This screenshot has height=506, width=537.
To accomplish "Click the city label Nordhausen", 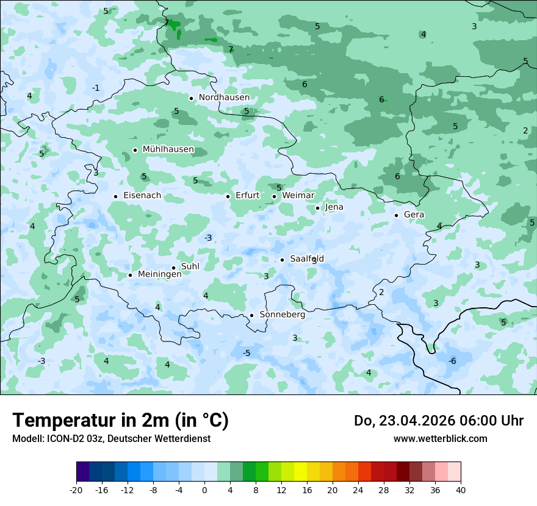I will tap(224, 98).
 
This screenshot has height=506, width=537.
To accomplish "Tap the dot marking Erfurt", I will tap(228, 196).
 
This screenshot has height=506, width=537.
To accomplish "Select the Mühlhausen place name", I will tap(168, 149).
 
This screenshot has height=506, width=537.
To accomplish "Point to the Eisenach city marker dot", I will tap(115, 196).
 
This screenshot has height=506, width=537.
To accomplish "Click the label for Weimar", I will tap(298, 196).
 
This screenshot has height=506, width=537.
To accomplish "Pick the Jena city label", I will tap(334, 207).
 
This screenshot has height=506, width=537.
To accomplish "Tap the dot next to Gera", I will tap(396, 215).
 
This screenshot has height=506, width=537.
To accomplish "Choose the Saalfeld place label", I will tap(306, 259).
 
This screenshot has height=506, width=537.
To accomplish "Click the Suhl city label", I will tap(190, 266).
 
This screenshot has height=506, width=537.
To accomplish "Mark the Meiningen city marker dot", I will tap(130, 275).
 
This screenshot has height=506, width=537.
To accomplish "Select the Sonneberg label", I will tap(282, 315).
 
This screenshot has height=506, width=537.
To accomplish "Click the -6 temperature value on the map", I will tap(452, 362).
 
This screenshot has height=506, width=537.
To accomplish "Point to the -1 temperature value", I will tap(96, 88).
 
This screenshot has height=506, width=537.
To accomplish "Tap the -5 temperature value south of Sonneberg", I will tap(247, 354).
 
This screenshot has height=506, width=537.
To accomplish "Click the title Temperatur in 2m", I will tap(120, 421).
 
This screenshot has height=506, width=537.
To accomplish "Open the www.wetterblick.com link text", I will tap(440, 438).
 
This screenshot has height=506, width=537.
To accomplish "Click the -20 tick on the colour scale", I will tap(76, 490).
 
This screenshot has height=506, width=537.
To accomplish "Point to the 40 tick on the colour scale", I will tap(461, 490).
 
